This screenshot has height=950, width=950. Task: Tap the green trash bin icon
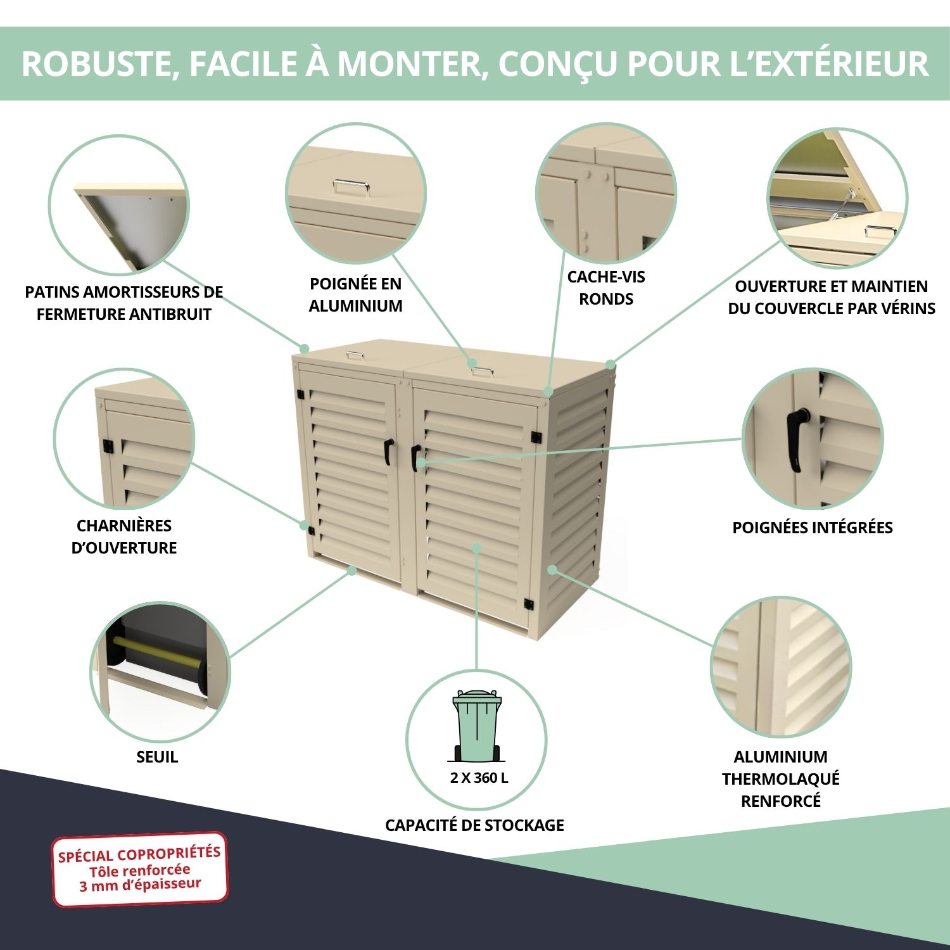pyautogui.click(x=476, y=726)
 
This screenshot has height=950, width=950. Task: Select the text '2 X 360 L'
pyautogui.click(x=479, y=778)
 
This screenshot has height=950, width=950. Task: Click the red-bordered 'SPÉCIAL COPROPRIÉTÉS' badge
pyautogui.click(x=139, y=869)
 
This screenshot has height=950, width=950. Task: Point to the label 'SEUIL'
pyautogui.click(x=157, y=757)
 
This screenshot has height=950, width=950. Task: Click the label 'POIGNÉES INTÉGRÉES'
pyautogui.click(x=813, y=528)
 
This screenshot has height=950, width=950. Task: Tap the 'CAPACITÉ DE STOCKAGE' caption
pyautogui.click(x=474, y=825)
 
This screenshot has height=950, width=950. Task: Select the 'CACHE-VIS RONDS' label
pyautogui.click(x=606, y=288)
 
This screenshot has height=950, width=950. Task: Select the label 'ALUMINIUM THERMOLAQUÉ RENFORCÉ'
pyautogui.click(x=781, y=778)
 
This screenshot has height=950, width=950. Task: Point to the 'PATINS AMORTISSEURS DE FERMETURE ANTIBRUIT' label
pyautogui.click(x=124, y=303)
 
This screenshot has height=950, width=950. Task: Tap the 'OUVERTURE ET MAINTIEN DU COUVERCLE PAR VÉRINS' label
pyautogui.click(x=832, y=297)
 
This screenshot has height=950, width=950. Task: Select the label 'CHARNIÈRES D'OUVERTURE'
pyautogui.click(x=124, y=536)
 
